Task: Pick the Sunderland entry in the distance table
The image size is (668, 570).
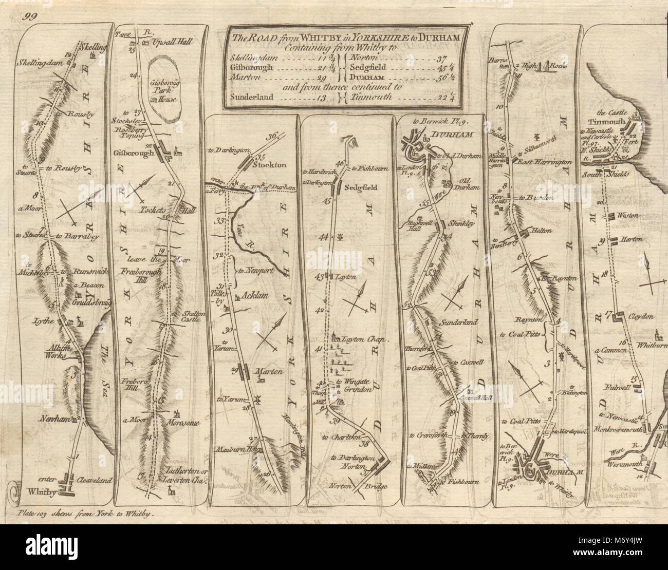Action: [x=249, y=98]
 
